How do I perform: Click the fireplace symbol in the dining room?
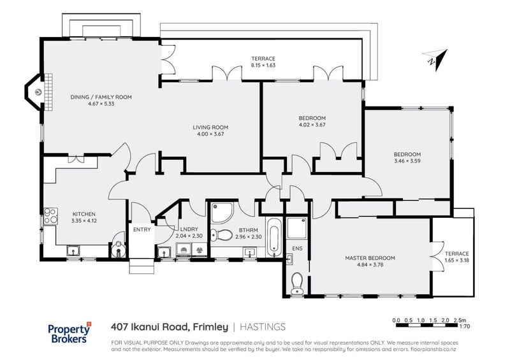(38, 91)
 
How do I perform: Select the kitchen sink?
(74, 250)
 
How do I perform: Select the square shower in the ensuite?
(296, 227)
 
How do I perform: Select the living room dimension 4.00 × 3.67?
(210, 134)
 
